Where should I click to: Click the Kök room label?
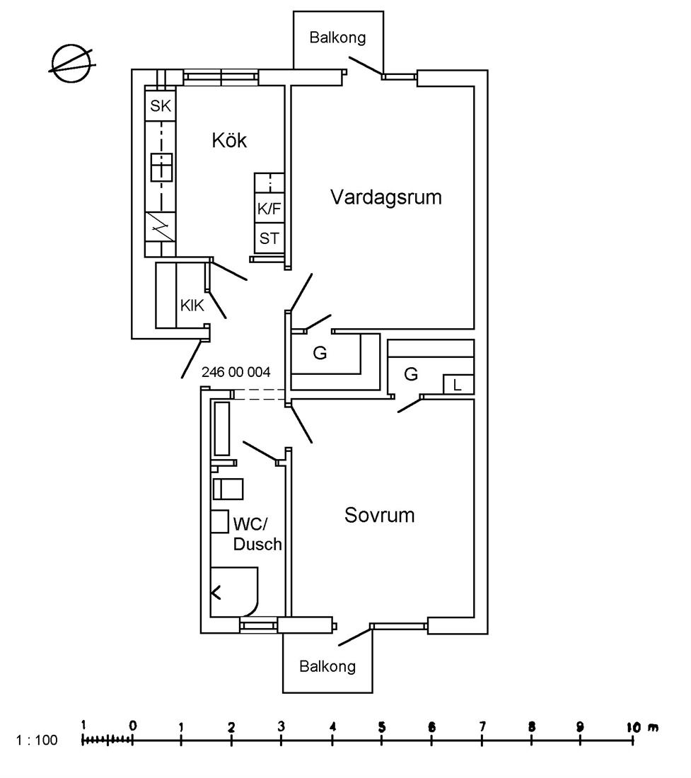[228, 141]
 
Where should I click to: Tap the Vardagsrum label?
[386, 197]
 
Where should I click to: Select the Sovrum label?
[380, 515]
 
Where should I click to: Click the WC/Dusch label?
[257, 534]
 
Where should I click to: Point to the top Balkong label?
[337, 37]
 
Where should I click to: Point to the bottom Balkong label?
[327, 666]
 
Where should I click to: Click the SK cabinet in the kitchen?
[161, 105]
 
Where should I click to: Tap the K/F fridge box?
[269, 209]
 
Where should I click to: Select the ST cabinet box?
[269, 238]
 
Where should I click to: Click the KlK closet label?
[192, 305]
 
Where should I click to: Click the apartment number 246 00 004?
[236, 371]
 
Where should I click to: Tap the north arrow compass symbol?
[72, 63]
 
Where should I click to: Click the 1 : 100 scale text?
[37, 741]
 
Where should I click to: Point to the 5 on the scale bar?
[382, 727]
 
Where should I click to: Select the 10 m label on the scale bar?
[642, 727]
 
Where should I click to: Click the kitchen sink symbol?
[162, 167]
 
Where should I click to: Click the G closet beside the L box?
[411, 373]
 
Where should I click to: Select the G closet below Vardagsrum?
[320, 353]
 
